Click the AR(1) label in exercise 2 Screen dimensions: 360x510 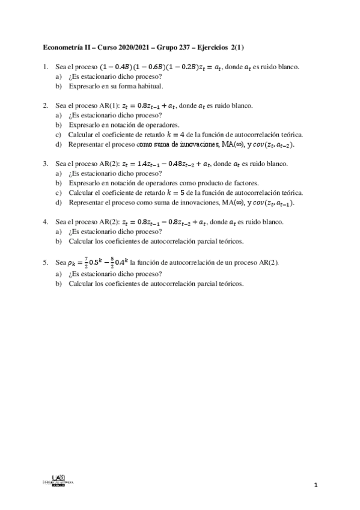tap(110, 105)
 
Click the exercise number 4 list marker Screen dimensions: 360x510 tap(46, 222)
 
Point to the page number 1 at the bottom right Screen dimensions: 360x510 tap(315, 485)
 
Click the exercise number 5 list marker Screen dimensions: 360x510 tap(46, 262)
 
